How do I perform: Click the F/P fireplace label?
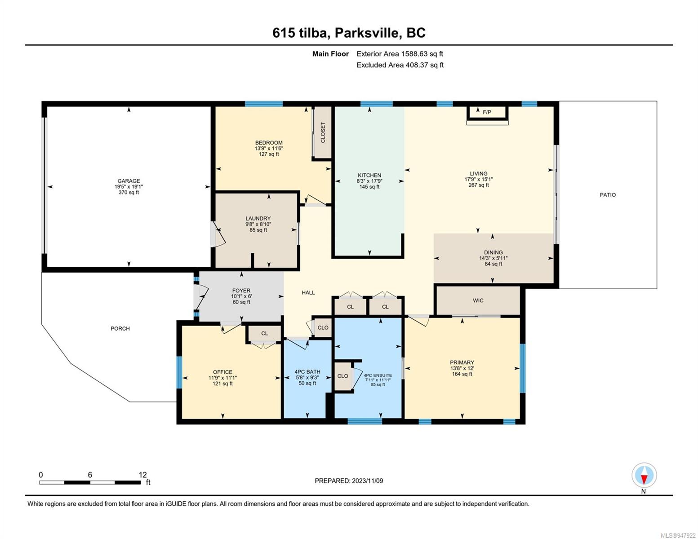coord(487,112)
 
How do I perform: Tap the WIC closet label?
coord(478,300)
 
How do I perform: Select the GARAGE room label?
coord(129,181)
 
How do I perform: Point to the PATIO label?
coord(608,195)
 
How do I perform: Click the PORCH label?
coord(120,328)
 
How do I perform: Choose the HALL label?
coord(308,292)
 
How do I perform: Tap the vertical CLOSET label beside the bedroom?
coord(323,132)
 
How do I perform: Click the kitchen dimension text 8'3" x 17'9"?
coord(369,181)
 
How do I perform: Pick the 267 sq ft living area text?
coord(479,185)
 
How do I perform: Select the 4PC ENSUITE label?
coord(378,375)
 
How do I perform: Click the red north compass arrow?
coord(644,479)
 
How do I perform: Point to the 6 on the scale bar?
coord(90,474)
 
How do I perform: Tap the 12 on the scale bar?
coord(142,474)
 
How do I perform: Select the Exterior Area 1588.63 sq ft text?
coord(400,54)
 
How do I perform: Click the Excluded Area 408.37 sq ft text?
coord(400,65)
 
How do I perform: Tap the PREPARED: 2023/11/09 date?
coord(349,481)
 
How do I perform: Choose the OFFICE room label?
coord(222,372)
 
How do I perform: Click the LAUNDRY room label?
coord(258,218)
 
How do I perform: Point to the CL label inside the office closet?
coord(264,333)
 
